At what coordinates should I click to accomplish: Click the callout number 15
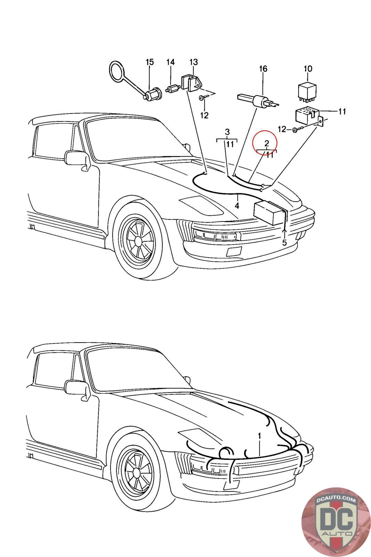pos(150,62)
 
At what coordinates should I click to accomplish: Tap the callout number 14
pos(170,62)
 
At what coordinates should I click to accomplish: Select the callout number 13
pos(194,62)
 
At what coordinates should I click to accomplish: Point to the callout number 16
pos(263,69)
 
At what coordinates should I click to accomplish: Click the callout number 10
pos(308,69)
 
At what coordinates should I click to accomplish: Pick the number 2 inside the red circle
pos(267,143)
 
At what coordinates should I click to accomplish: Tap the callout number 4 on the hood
pos(237,206)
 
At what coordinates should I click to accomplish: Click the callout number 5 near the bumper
pos(284,242)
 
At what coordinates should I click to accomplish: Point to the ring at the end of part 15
pos(117,72)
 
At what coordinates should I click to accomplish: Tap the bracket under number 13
pos(192,83)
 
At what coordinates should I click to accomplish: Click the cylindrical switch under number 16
pos(258,101)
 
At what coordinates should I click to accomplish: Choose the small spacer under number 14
pos(172,89)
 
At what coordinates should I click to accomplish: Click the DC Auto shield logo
pos(336,523)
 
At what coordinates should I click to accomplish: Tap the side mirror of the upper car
pos(77,159)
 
